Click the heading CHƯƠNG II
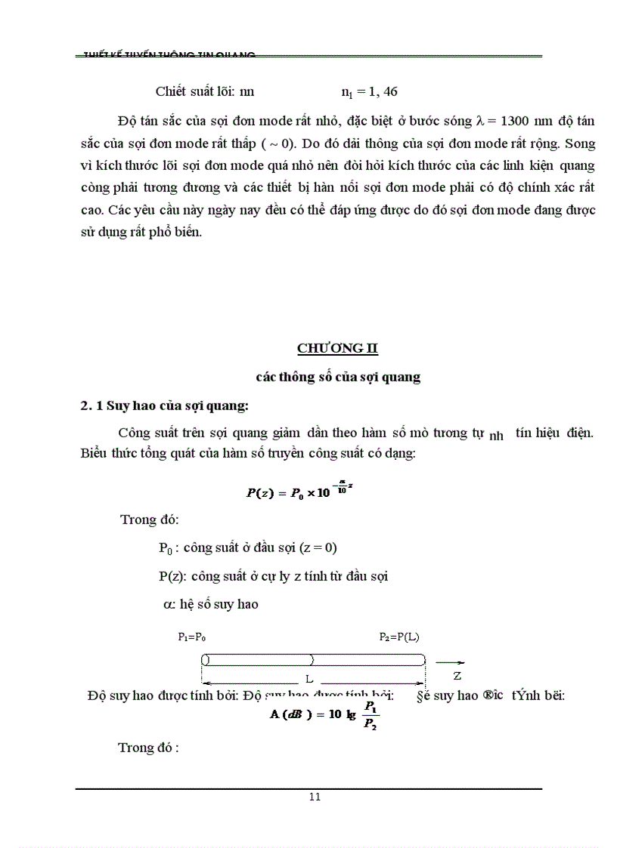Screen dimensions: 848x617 pos(336,348)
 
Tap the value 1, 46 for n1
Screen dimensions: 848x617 pos(378,92)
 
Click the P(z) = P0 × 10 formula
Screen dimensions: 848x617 pos(300,492)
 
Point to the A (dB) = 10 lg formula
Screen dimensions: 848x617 pos(324,714)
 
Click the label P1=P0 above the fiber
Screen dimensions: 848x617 pos(192,637)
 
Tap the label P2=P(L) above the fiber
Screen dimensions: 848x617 pos(399,637)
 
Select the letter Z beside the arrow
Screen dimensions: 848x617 pos(457,674)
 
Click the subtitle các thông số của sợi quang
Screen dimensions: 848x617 pos(338,377)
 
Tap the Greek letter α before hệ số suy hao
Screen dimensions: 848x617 pos(168,604)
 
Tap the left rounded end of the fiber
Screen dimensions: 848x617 pos(205,659)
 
